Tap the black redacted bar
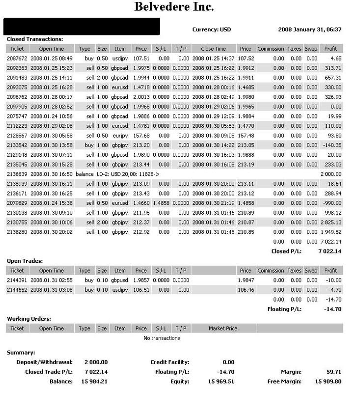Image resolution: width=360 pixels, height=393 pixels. [x=82, y=27]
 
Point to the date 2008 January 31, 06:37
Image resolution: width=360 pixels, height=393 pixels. [x=309, y=29]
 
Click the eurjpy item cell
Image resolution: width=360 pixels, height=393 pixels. [x=120, y=135]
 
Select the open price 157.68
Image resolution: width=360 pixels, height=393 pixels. [x=140, y=135]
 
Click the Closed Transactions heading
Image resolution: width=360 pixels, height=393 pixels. [x=34, y=39]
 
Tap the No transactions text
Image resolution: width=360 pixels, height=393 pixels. [x=162, y=338]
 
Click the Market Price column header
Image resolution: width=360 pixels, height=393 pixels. [x=223, y=328]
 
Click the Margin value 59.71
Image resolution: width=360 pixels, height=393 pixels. [x=336, y=372]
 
